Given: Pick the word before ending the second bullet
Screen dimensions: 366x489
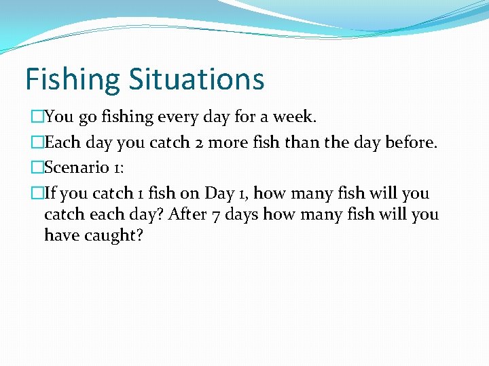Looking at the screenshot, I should pyautogui.click(x=408, y=142).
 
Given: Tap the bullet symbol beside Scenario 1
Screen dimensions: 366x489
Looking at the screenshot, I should pyautogui.click(x=37, y=167).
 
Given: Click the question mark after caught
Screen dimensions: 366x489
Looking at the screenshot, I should pyautogui.click(x=139, y=235).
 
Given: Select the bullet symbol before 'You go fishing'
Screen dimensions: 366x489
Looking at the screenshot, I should pyautogui.click(x=37, y=117).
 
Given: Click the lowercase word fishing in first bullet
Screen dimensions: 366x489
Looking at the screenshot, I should pyautogui.click(x=127, y=117).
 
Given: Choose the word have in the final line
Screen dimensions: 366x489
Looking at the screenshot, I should pyautogui.click(x=60, y=235).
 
